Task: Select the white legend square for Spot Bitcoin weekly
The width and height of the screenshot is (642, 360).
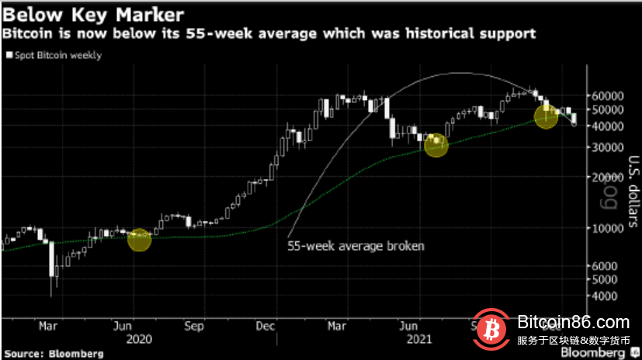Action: tap(9, 55)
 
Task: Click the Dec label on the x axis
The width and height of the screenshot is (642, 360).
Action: tap(266, 327)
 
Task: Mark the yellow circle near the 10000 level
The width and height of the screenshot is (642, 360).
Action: tap(139, 241)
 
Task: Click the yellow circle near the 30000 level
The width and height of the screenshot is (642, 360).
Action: tap(436, 145)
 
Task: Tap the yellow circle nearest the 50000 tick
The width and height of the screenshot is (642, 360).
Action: tap(546, 116)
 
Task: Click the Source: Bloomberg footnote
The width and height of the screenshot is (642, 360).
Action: tap(53, 353)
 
